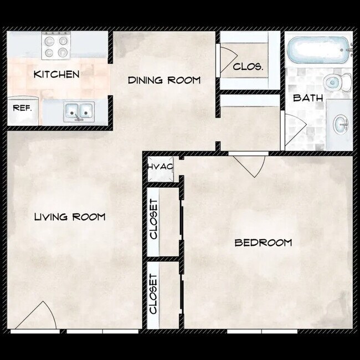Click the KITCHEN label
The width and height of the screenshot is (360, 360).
pyautogui.click(x=56, y=74)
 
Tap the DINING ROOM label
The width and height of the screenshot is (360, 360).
pyautogui.click(x=164, y=80)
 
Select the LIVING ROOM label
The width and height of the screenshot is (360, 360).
pyautogui.click(x=70, y=217)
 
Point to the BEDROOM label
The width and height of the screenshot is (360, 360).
pyautogui.click(x=263, y=243)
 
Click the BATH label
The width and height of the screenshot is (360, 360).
pyautogui.click(x=305, y=98)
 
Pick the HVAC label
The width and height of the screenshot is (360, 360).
pyautogui.click(x=160, y=166)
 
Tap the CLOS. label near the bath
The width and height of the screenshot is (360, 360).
pyautogui.click(x=248, y=68)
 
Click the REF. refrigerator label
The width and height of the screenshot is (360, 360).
pyautogui.click(x=23, y=108)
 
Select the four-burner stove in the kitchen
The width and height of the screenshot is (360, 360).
pyautogui.click(x=56, y=47)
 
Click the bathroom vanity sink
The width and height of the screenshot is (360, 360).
pyautogui.click(x=340, y=124)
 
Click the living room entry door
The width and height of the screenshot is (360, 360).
pyautogui.click(x=35, y=317)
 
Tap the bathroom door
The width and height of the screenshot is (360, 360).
pyautogui.click(x=294, y=131)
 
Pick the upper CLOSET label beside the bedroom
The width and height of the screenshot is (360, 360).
pyautogui.click(x=154, y=219)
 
